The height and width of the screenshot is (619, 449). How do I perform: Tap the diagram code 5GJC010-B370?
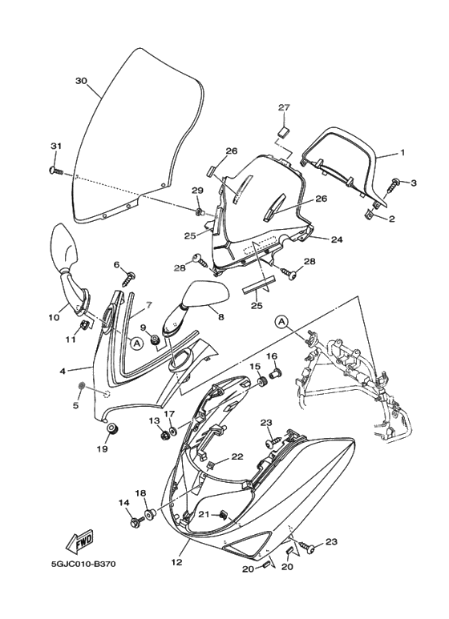(x=83, y=564)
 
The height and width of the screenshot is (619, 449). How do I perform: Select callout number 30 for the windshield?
(x=81, y=81)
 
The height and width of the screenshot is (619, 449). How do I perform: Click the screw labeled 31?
(x=56, y=171)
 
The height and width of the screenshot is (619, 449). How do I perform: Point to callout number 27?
(x=284, y=107)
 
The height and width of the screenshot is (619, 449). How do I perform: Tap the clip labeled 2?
(x=368, y=214)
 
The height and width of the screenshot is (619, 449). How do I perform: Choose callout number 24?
(x=337, y=239)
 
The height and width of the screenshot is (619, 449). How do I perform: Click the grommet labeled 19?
(x=113, y=428)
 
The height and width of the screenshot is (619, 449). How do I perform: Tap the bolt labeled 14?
(x=136, y=522)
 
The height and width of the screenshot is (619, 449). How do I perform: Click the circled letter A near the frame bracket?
(x=281, y=323)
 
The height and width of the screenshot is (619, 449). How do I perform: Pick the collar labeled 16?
(x=274, y=373)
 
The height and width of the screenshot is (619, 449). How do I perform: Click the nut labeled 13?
(x=164, y=435)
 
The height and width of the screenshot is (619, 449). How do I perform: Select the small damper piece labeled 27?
(x=284, y=132)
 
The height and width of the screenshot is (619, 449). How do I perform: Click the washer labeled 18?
(x=150, y=515)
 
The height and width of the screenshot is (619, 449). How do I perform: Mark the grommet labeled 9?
(x=156, y=339)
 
